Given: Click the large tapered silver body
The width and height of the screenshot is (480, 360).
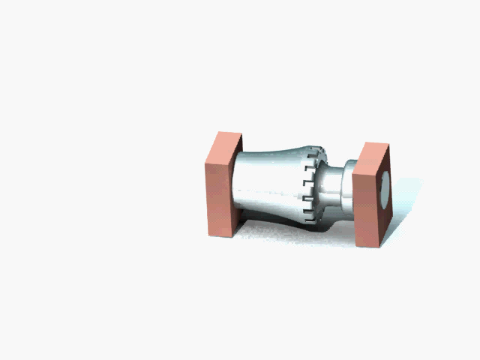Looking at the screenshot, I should click(x=270, y=184).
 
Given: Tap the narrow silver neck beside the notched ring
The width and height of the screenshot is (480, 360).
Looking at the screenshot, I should click(x=332, y=191).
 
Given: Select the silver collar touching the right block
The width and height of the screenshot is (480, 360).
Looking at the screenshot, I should click(x=348, y=191).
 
